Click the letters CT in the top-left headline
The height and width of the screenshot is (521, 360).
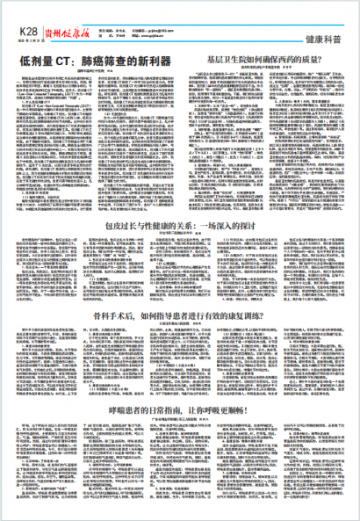click(66, 62)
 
